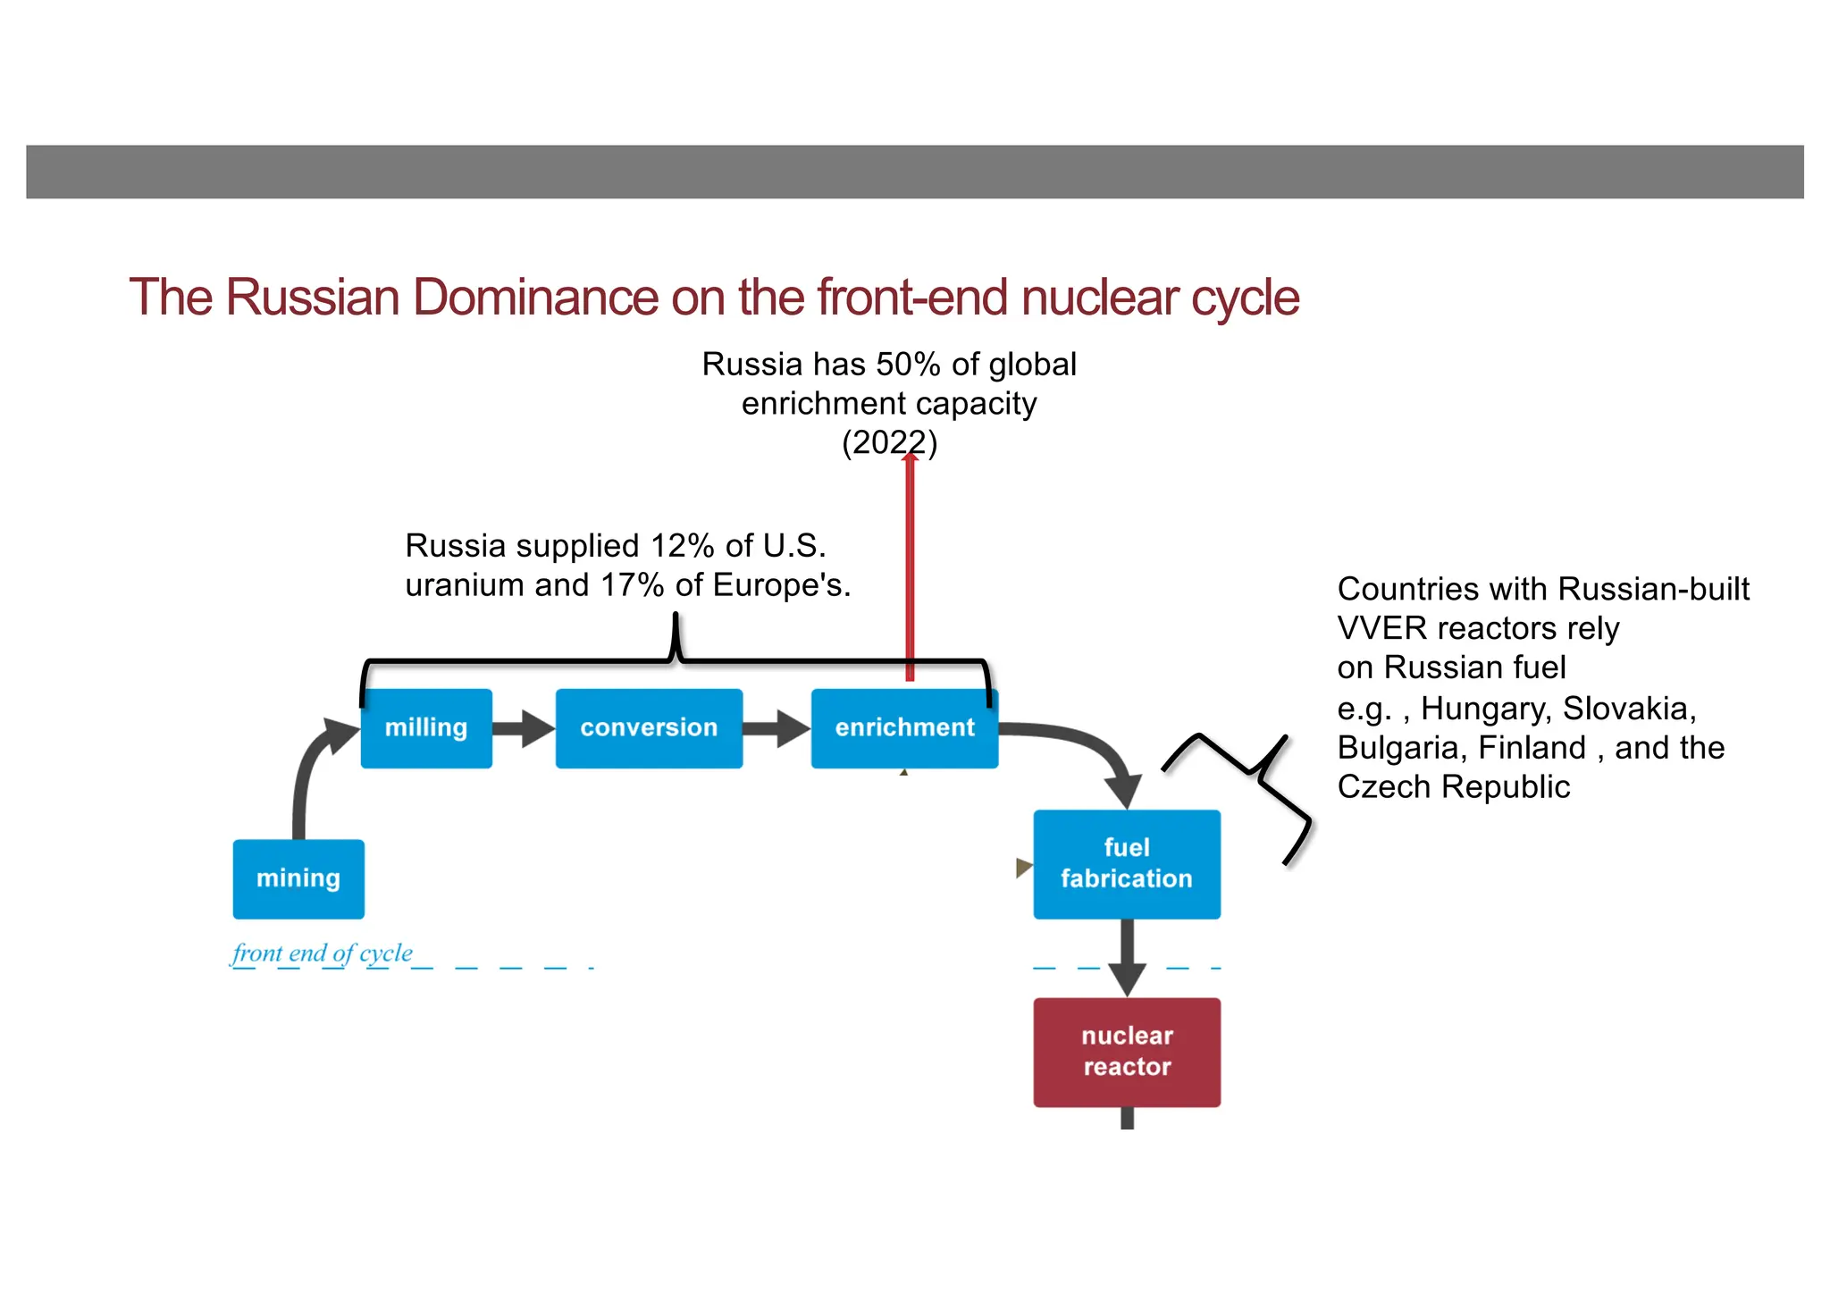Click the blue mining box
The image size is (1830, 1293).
point(298,878)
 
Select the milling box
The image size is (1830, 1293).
point(426,727)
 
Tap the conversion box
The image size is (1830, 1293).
point(649,727)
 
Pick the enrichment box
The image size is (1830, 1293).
point(904,727)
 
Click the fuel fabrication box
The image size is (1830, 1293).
point(1126,863)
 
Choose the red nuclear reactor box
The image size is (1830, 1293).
point(1126,1052)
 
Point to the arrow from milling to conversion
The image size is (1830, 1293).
point(524,728)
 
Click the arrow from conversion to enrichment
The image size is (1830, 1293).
point(776,728)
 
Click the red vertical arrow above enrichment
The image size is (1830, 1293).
point(910,572)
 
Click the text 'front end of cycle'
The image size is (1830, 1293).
point(323,953)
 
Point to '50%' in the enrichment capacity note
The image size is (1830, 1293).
point(908,365)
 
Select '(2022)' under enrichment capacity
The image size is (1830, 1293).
point(889,442)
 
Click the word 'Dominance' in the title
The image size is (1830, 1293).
point(535,298)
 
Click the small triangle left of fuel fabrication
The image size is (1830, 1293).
point(1023,867)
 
